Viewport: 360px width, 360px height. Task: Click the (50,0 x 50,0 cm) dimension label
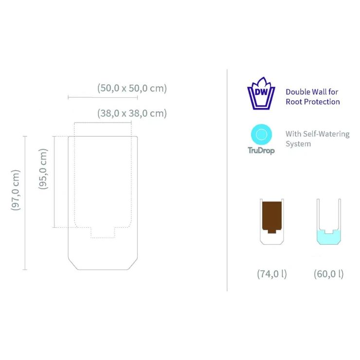coord(132,88)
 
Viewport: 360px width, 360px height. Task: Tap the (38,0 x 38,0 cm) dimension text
coord(132,113)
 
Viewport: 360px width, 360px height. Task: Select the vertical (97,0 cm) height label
coord(16,190)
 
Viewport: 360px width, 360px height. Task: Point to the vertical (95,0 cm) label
coord(43,169)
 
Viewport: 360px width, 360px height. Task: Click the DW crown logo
coord(261,93)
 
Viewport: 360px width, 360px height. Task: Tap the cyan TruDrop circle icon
coord(261,134)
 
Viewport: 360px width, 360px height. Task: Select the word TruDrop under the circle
coord(261,151)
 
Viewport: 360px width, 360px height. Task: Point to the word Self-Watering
coord(326,134)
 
